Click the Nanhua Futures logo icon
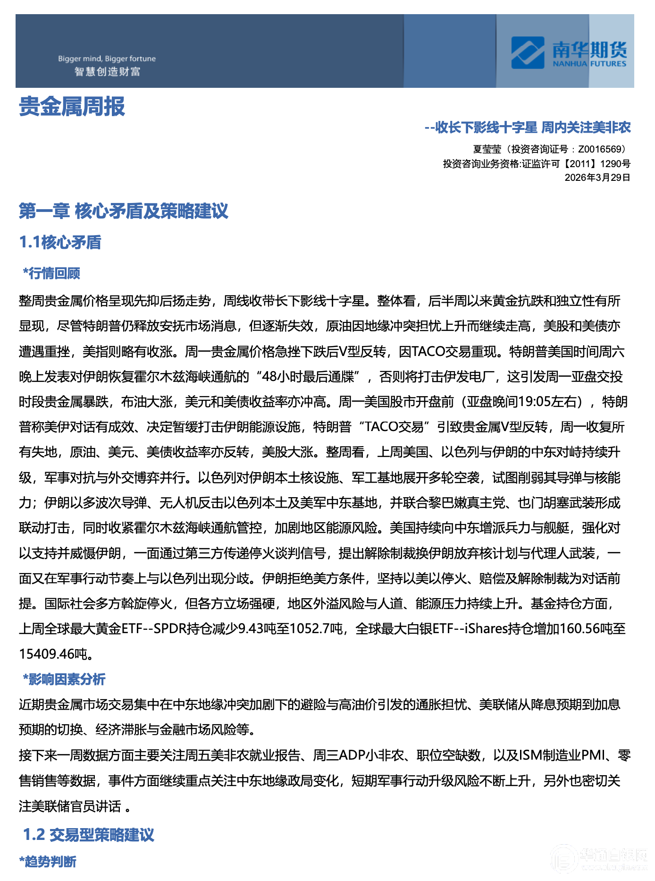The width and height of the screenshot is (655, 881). click(x=528, y=53)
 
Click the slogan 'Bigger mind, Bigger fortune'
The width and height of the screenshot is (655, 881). click(x=107, y=59)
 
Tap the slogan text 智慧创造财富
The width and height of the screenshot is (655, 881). click(x=107, y=72)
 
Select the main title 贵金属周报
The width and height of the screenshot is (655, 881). click(x=72, y=107)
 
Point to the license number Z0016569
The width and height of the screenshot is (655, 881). click(x=600, y=150)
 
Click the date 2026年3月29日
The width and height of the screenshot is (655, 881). click(x=597, y=178)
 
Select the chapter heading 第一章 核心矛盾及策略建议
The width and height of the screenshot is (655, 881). click(x=124, y=211)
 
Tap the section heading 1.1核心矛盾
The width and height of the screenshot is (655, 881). click(x=60, y=243)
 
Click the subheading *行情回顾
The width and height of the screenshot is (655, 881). click(x=52, y=273)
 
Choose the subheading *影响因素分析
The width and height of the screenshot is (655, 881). click(x=64, y=679)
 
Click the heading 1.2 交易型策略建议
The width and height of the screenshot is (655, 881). click(x=89, y=835)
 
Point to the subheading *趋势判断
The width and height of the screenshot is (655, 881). click(x=48, y=862)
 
